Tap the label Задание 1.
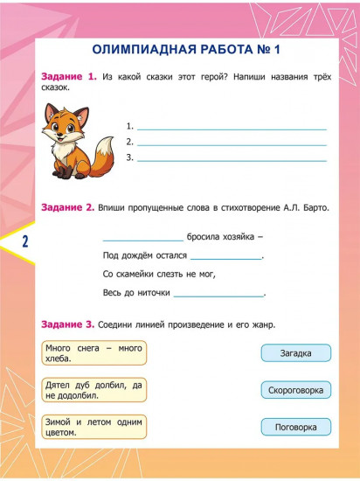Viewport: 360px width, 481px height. tap(68, 78)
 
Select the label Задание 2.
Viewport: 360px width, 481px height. tap(68, 207)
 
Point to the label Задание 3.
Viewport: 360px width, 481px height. tap(68, 324)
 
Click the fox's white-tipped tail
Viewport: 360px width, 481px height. tap(103, 157)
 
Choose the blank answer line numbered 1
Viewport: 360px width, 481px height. tap(232, 127)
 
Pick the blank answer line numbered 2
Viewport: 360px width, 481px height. tap(232, 142)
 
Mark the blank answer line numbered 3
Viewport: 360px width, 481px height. tap(232, 158)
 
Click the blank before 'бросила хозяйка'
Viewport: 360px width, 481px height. tap(142, 238)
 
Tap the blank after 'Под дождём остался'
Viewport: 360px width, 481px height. tap(225, 257)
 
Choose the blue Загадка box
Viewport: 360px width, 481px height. tap(295, 353)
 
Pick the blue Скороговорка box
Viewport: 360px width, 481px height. tap(295, 390)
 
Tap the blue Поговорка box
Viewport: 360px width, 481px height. tap(295, 427)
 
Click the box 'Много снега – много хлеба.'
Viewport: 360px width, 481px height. tap(93, 353)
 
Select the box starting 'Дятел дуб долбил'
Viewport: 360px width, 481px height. tap(93, 389)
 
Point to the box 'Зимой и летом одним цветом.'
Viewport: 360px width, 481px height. tap(93, 427)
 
